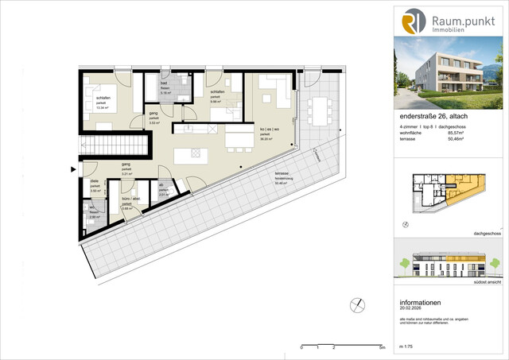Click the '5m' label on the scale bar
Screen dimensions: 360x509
point(382,348)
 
